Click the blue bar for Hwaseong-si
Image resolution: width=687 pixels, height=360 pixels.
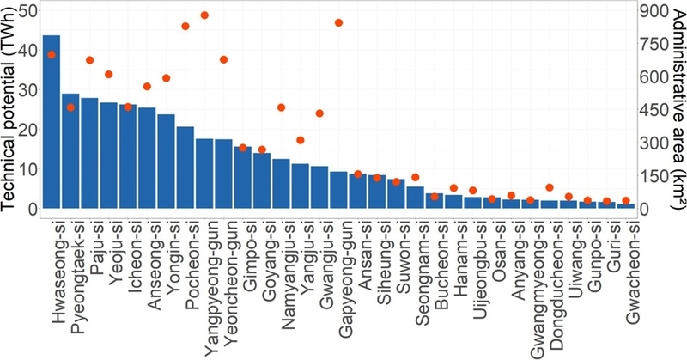point(52,121)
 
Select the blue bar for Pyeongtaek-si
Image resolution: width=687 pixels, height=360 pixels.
point(70,151)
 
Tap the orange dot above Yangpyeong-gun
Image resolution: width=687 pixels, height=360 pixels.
point(204,15)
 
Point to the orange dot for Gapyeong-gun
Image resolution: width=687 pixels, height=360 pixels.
point(338,23)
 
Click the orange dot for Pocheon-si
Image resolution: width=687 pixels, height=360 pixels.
point(185,27)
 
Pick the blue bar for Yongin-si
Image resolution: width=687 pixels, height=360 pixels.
point(166,162)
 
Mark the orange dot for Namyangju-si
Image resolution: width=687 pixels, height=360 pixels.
point(282,107)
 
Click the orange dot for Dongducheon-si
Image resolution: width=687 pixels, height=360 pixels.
point(550,187)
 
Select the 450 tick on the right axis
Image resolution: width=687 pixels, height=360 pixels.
point(654,110)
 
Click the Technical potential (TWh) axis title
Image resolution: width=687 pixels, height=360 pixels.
point(9,111)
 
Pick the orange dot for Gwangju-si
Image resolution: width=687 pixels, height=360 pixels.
point(319,113)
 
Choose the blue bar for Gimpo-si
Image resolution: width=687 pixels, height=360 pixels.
point(243,178)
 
